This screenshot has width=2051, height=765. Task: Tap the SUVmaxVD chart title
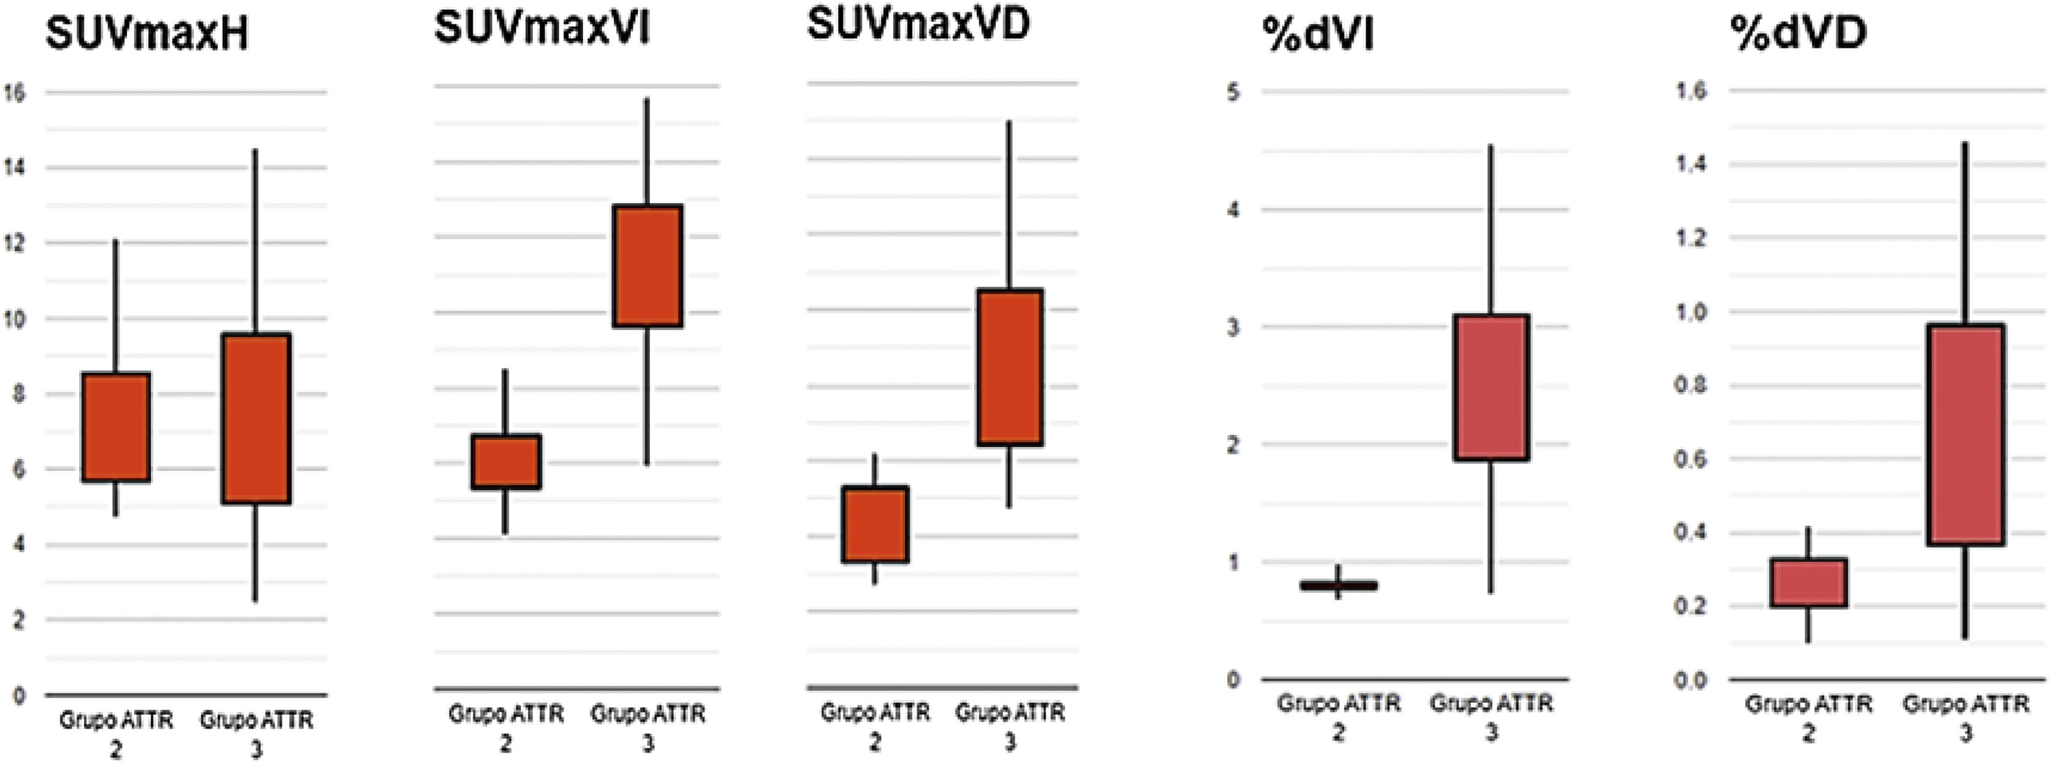(918, 24)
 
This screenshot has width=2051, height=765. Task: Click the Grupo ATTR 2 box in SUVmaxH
(117, 427)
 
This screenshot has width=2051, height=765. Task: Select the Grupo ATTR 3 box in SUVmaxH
(257, 418)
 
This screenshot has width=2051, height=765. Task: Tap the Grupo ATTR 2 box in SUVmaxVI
(506, 461)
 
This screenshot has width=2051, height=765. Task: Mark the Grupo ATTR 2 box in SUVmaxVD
(875, 524)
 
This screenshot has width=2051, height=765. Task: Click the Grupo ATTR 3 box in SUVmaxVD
(1010, 367)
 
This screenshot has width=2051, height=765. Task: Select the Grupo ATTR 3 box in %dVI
(1491, 387)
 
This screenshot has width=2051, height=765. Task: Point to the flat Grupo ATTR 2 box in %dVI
(1338, 586)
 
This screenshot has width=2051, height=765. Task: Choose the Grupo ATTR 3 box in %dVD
(1965, 435)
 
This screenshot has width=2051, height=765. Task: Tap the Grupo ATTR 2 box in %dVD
(1808, 583)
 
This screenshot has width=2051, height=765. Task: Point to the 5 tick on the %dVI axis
(1233, 92)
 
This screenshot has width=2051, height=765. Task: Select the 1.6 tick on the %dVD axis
(1692, 91)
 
